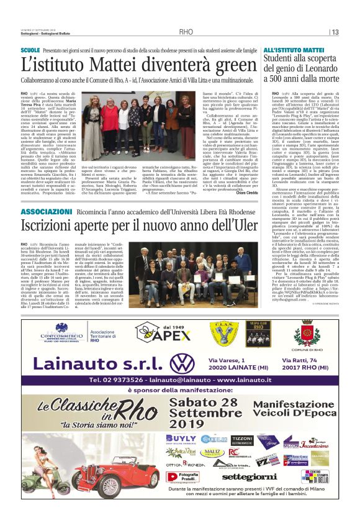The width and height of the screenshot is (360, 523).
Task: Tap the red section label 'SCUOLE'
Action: coord(30,49)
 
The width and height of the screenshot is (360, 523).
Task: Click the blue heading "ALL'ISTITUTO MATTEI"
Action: coord(294,49)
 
